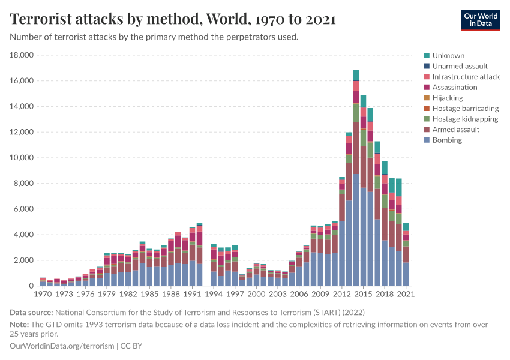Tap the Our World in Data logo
(480, 20)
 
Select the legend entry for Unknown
(448, 55)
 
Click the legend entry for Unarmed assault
(460, 66)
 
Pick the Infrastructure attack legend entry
(466, 77)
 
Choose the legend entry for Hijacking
(447, 98)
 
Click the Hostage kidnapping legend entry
(464, 119)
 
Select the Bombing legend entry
(447, 140)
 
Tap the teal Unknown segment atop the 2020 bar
(399, 187)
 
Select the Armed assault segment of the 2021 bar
(406, 254)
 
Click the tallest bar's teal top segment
(356, 75)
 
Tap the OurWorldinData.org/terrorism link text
(62, 346)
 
